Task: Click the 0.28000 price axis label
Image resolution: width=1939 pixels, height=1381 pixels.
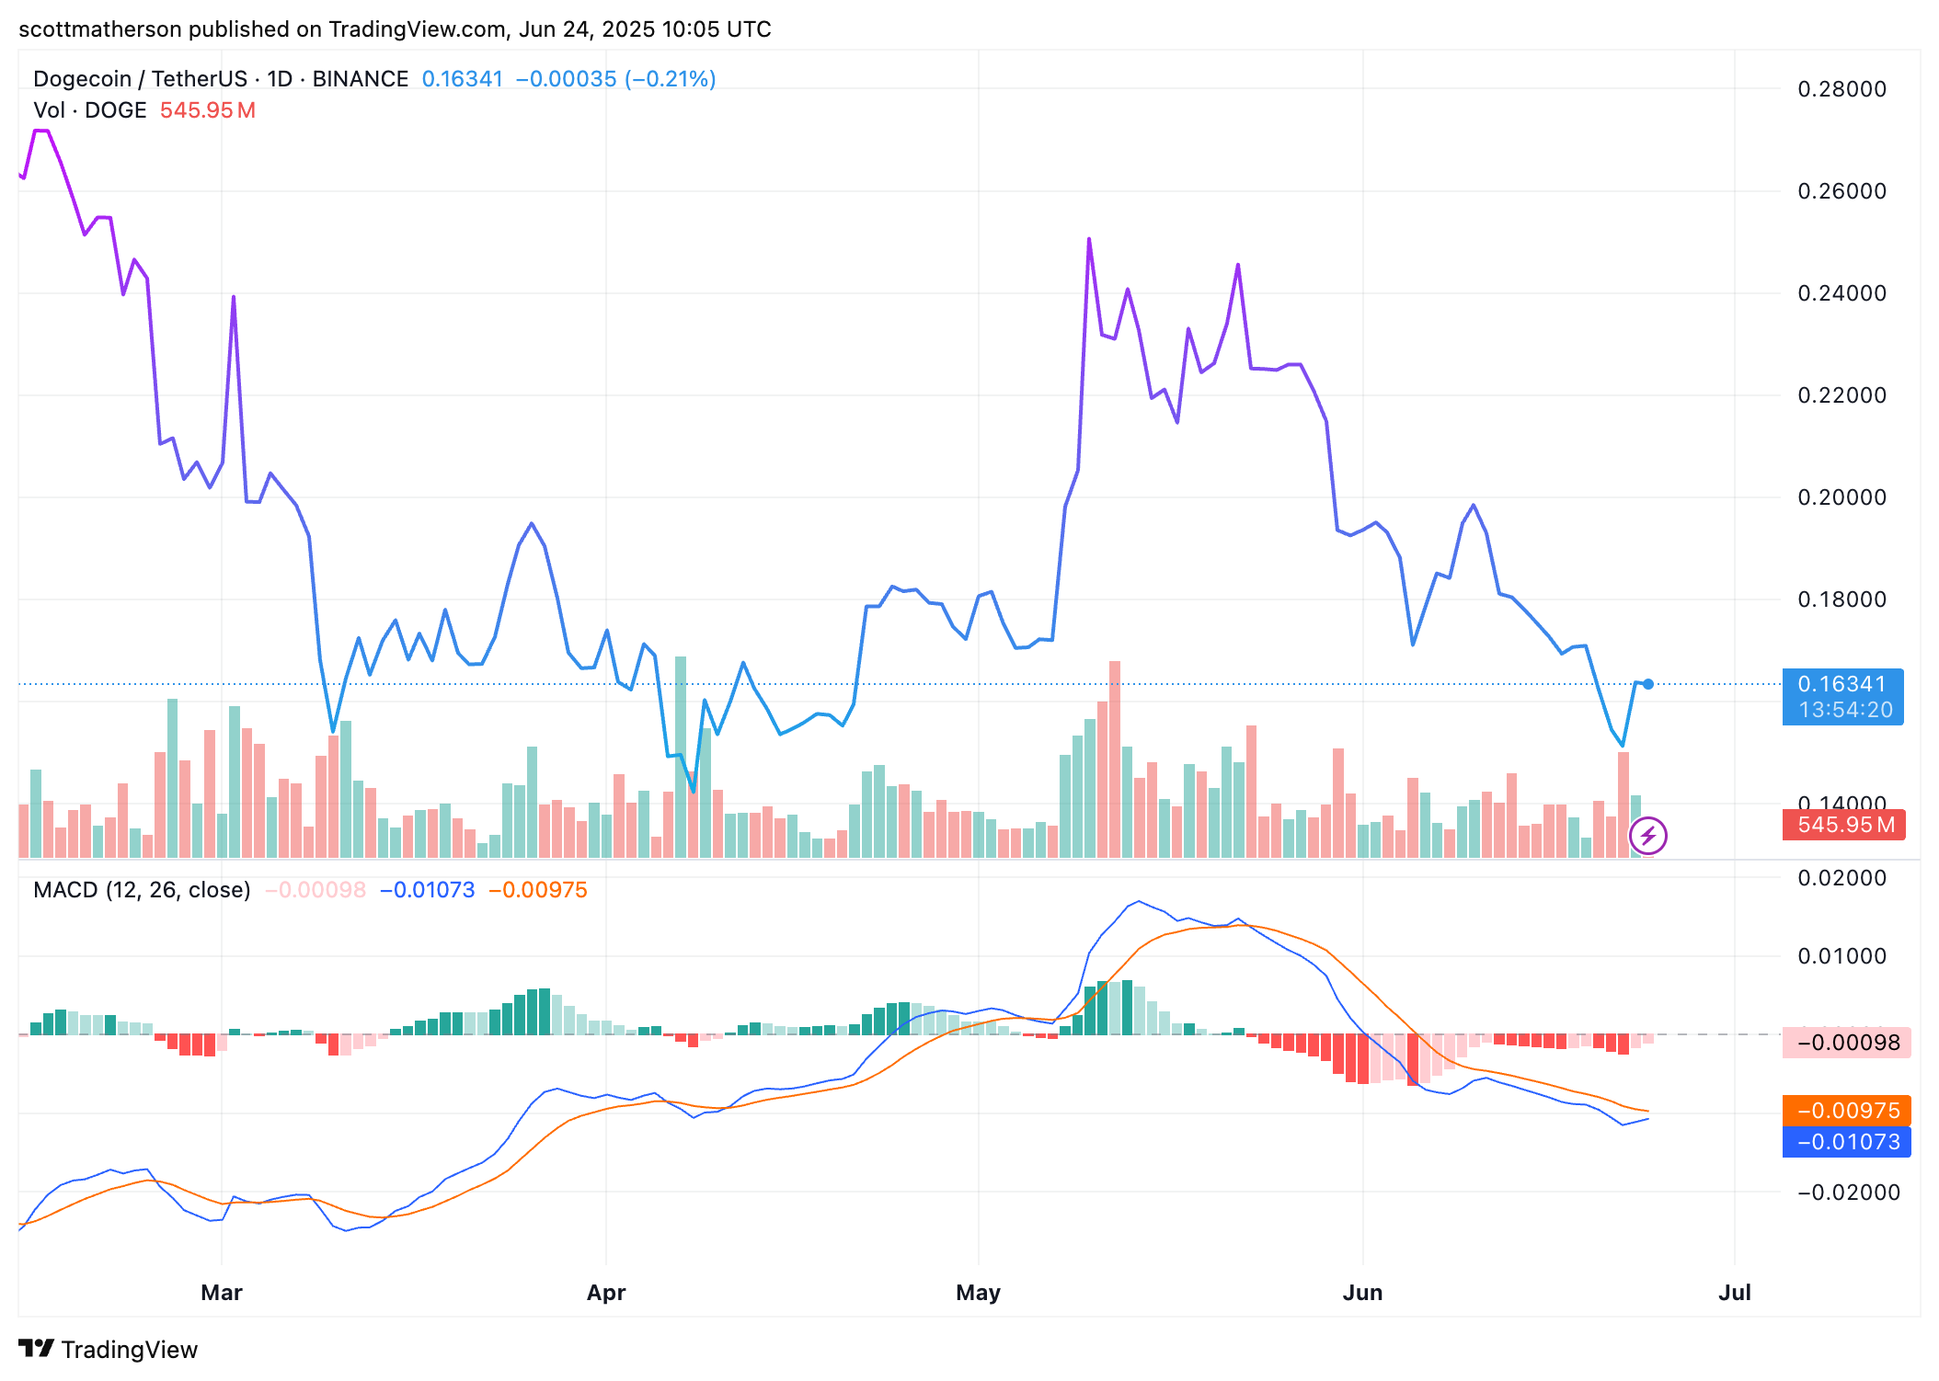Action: coord(1841,89)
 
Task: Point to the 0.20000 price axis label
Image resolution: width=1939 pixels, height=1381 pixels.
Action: coord(1841,497)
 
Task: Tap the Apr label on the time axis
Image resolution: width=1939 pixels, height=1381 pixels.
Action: coord(606,1293)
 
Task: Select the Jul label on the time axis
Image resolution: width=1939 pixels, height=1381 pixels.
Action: coord(1734,1293)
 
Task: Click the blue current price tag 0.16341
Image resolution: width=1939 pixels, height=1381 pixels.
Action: coord(1842,685)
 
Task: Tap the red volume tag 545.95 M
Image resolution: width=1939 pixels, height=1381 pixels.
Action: coord(1844,825)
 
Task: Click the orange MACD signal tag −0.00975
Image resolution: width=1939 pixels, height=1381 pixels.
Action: coord(1847,1111)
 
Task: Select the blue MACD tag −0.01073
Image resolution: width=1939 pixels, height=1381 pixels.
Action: coord(1847,1142)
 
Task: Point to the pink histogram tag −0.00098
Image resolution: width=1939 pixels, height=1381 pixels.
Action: coord(1847,1043)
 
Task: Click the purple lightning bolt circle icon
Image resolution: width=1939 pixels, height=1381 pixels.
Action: coord(1648,836)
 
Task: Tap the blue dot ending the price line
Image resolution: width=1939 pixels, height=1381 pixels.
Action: coord(1648,684)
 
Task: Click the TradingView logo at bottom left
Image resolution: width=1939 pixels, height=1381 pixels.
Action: coord(109,1350)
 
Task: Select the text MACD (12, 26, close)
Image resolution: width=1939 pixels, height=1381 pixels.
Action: coord(142,890)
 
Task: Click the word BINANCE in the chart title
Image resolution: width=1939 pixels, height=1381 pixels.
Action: coord(361,79)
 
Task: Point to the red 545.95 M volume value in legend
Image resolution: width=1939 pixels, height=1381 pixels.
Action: coord(208,110)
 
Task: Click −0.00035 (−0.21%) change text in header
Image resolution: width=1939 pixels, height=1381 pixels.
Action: coord(615,79)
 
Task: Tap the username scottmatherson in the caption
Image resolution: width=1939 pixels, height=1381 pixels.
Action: coord(100,29)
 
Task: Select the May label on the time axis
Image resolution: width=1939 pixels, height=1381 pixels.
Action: coord(978,1293)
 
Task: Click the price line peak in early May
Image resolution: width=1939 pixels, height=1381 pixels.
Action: coord(1089,240)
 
